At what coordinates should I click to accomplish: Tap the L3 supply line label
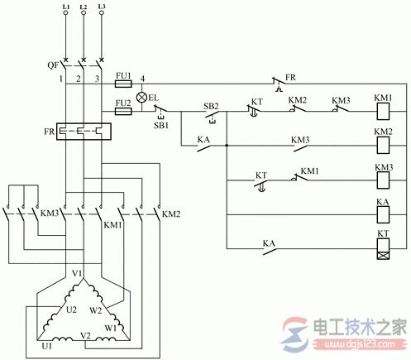coord(101,7)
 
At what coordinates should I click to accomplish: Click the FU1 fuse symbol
coord(122,84)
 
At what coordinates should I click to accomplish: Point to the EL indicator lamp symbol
coord(141,97)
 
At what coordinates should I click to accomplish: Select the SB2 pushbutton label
coord(212,106)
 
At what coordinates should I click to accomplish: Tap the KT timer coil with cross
coord(383,248)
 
